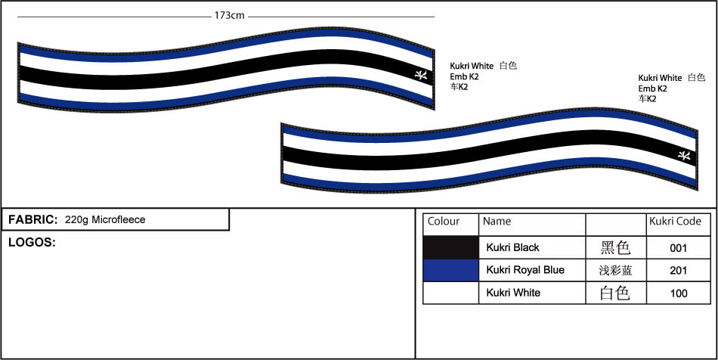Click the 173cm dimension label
tap(230, 16)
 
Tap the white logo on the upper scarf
tap(421, 74)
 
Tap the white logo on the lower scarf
tap(684, 155)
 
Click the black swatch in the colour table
tap(450, 248)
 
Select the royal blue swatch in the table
tap(450, 270)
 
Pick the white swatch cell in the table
tap(450, 293)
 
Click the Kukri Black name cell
tap(513, 248)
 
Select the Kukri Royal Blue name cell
tap(525, 270)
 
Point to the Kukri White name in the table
tap(513, 293)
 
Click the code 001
tap(678, 248)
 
